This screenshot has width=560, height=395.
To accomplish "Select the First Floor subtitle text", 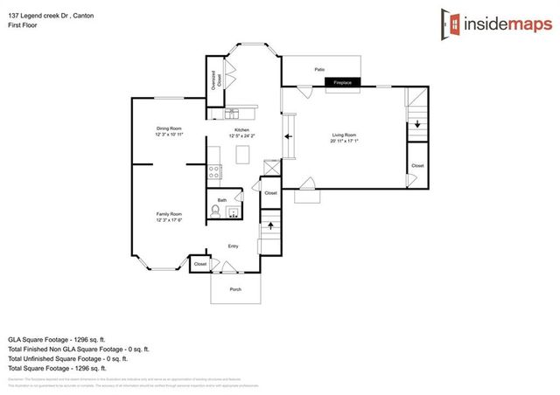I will coord(22,17).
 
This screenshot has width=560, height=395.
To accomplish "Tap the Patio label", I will coord(321,68).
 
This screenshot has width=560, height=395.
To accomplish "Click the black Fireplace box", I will coord(342,83).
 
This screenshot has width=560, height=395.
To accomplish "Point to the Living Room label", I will coord(344,135).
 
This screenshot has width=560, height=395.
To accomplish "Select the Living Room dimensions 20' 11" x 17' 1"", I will coord(344,142).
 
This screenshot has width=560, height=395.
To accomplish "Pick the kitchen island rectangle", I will coord(243,155).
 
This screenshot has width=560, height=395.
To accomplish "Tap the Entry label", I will coord(233,246).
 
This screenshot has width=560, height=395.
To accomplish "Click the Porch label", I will coord(235,289).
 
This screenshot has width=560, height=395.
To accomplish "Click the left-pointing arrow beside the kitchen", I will coord(289,136).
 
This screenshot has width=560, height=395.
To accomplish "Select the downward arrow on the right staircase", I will coord(417,124).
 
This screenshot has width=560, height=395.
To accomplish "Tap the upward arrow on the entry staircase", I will coord(270,225).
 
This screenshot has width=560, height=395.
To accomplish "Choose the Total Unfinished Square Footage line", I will coord(68,357).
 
